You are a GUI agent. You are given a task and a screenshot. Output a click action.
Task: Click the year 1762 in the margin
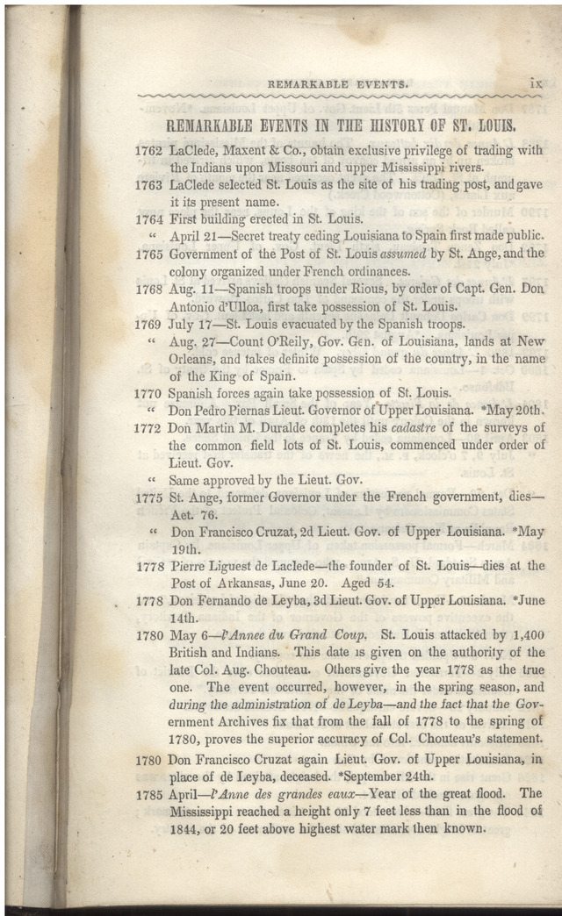click(x=148, y=151)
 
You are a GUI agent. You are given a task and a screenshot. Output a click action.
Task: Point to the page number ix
click(x=537, y=84)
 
